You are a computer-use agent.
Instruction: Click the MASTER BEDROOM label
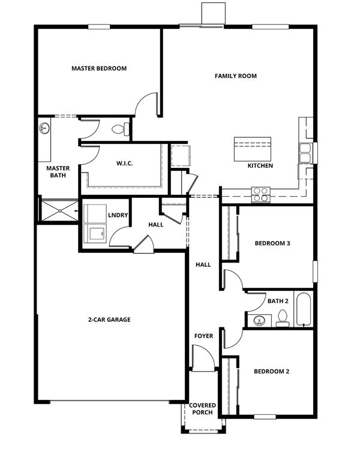[99, 68]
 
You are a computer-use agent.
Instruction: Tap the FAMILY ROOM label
[236, 76]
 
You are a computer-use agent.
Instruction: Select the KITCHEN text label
[260, 165]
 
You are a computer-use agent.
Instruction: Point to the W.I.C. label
[125, 164]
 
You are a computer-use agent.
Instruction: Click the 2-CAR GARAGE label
[109, 320]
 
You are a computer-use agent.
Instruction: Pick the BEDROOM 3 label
[272, 243]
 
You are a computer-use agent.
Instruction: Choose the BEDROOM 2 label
[271, 372]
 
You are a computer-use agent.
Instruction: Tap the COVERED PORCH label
[202, 409]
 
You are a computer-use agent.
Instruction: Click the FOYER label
[203, 336]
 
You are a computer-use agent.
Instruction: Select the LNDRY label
[118, 215]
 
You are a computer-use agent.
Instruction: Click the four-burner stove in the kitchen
[261, 195]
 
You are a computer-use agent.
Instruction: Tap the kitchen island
[253, 149]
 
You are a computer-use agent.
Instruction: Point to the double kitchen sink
[305, 153]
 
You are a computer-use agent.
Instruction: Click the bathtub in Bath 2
[304, 309]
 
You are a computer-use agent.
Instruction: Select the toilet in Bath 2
[282, 318]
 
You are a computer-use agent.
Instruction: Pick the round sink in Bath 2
[259, 321]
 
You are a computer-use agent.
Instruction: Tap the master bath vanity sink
[44, 128]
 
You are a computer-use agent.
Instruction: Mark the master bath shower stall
[59, 210]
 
